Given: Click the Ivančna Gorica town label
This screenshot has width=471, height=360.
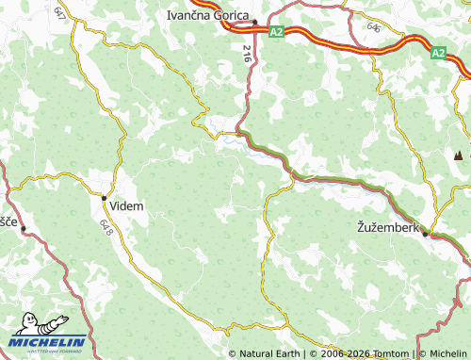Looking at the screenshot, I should (206, 15).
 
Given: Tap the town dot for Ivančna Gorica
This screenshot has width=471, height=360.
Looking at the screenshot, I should (254, 22).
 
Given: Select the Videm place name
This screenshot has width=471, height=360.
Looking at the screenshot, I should (127, 206).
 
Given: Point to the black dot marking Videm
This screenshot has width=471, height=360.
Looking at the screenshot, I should (104, 197).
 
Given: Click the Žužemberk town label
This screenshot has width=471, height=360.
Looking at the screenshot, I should (387, 226).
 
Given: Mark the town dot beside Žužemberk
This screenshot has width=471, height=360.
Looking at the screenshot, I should (425, 234).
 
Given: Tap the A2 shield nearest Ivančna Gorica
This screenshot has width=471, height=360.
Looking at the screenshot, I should (275, 32).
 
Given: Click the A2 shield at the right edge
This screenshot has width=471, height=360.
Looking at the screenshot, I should (439, 55).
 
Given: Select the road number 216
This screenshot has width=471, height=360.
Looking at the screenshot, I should (247, 54).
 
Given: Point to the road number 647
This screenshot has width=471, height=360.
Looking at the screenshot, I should (60, 14).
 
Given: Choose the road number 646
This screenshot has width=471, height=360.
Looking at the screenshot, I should (375, 28).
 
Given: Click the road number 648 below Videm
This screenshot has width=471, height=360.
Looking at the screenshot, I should (104, 227).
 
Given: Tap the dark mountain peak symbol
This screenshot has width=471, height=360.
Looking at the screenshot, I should (458, 155).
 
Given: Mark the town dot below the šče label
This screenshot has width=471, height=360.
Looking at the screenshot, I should (23, 229).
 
